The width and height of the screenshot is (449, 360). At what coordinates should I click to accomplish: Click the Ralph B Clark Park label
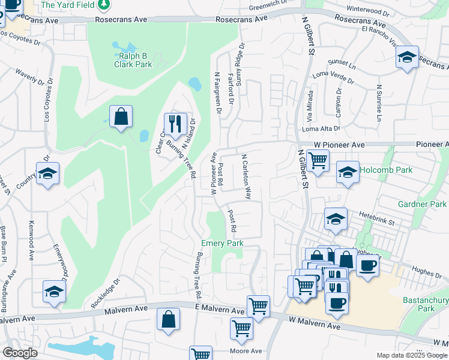[x=134, y=61]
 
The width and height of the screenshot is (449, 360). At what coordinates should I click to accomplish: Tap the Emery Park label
[x=222, y=243]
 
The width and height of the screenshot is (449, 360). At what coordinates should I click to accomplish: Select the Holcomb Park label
[x=386, y=170]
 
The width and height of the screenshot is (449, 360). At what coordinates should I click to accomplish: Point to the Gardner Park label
[x=422, y=204]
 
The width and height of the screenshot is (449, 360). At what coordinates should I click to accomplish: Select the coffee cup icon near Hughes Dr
[x=367, y=264]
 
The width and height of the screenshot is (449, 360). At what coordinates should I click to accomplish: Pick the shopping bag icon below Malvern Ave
[x=169, y=319]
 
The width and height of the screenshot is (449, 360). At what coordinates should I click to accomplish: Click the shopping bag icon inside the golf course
[x=121, y=117]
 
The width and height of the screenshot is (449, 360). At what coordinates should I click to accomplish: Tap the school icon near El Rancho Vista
[x=407, y=58]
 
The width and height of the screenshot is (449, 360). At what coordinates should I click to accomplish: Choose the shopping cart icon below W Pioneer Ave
[x=318, y=160]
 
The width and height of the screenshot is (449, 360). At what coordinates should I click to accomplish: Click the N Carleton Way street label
[x=246, y=176]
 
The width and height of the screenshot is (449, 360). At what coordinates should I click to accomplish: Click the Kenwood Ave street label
[x=30, y=240]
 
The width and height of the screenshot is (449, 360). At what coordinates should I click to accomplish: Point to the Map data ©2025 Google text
[x=411, y=355]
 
